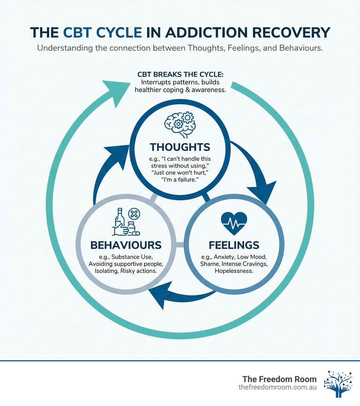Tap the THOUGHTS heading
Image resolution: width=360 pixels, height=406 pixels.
point(180,147)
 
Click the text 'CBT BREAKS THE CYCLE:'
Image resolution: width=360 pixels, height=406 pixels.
point(180,75)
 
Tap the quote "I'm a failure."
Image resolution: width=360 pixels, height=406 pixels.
point(180,179)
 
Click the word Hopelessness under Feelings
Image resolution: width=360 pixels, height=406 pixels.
point(234,271)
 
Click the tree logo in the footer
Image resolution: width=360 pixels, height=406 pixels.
point(337,383)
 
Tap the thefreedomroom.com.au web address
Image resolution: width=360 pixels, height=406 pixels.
point(277,387)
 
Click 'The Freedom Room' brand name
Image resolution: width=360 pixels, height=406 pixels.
point(279,379)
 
